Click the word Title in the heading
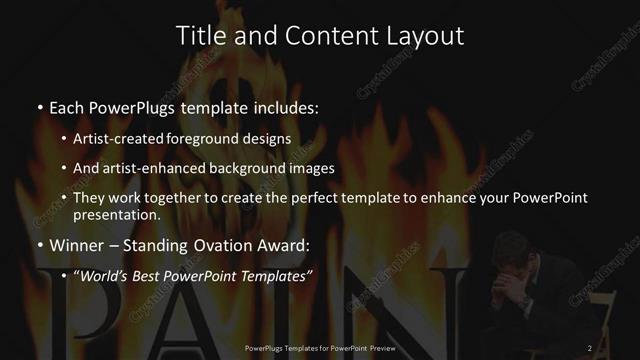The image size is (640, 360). click(x=199, y=36)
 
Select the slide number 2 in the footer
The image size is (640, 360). click(x=590, y=348)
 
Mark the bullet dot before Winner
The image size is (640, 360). click(x=39, y=244)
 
